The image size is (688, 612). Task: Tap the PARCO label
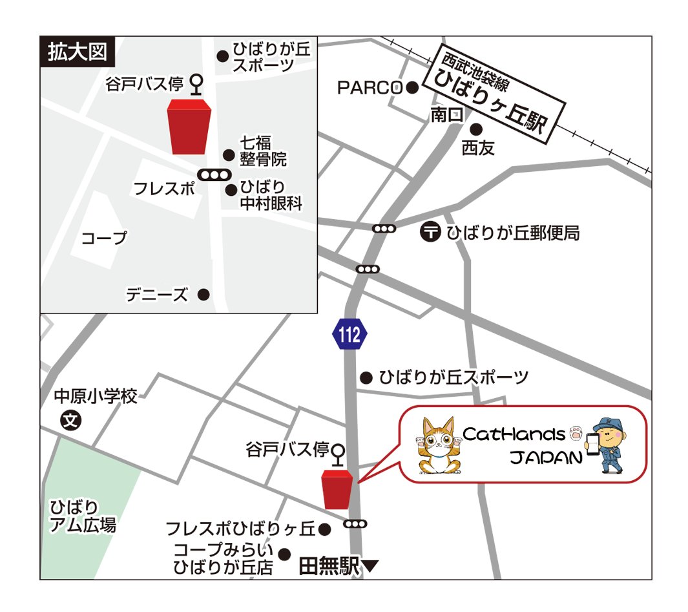point(370,88)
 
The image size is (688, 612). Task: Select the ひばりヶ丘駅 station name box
point(494,96)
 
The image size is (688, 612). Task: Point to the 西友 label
point(478,149)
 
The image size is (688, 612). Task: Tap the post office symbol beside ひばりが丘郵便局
point(430,231)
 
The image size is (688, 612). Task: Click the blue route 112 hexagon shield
point(350,334)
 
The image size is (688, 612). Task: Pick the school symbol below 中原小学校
point(71,421)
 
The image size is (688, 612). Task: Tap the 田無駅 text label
point(329,567)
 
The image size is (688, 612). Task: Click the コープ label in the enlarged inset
point(104,238)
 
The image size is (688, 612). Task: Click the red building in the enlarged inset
point(189,127)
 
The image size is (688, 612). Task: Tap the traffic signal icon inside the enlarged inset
point(214,174)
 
